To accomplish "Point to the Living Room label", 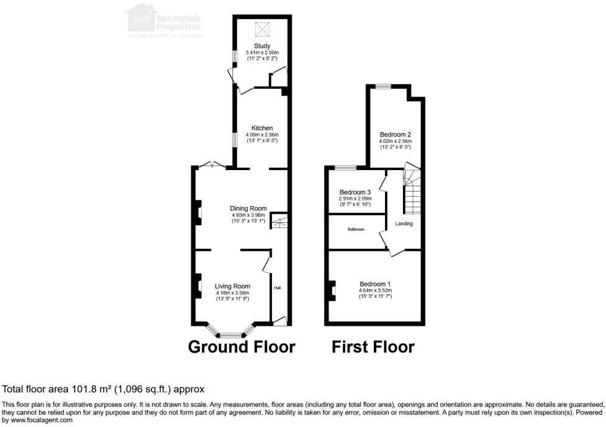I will [x=232, y=286].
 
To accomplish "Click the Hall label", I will [x=278, y=288].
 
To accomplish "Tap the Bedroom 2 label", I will [x=396, y=134].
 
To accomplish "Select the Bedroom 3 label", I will [x=355, y=192].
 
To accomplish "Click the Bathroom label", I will [x=356, y=230].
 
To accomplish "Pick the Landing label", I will [x=404, y=223].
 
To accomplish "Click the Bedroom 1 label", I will [x=375, y=283].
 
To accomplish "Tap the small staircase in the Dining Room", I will [x=279, y=220].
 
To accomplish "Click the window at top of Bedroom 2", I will [x=383, y=86].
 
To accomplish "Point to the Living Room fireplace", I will [x=197, y=286].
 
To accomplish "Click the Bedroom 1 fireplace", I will [x=332, y=290].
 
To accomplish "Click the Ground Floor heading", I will [x=242, y=346].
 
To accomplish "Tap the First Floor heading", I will [x=373, y=346].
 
